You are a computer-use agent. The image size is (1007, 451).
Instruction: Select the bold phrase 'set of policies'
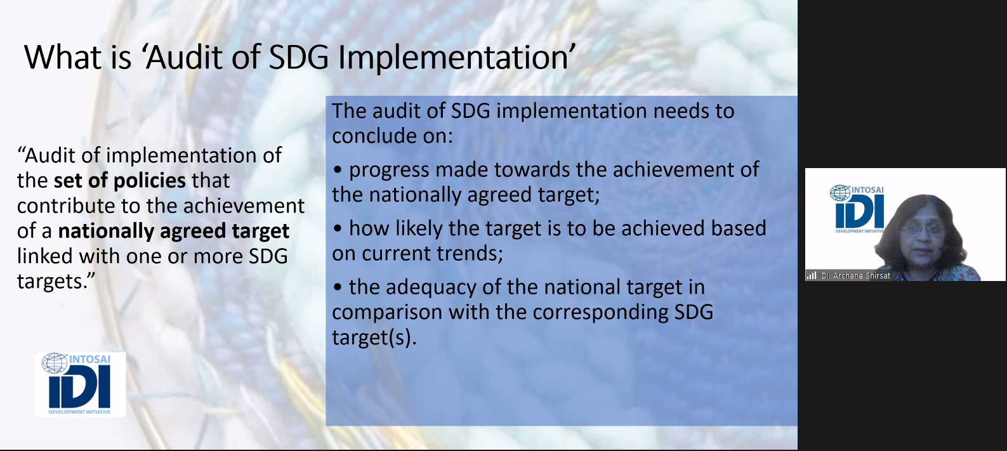[x=119, y=181]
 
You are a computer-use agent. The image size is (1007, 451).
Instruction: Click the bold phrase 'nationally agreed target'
[x=174, y=232]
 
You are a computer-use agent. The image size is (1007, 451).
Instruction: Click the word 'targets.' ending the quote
[x=56, y=282]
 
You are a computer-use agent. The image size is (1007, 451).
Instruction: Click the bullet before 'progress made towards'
[x=338, y=171]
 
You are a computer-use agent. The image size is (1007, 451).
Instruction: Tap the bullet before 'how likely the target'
[x=338, y=229]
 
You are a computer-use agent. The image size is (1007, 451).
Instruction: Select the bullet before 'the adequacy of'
[x=338, y=288]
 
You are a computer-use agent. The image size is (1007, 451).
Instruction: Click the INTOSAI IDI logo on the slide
[x=80, y=384]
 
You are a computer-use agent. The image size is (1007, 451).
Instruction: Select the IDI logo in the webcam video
[x=857, y=209]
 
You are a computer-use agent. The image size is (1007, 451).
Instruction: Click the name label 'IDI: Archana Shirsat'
[x=854, y=276]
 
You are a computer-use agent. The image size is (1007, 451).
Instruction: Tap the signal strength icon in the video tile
[x=812, y=275]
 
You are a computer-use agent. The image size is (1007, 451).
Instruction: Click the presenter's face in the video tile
[x=923, y=232]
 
